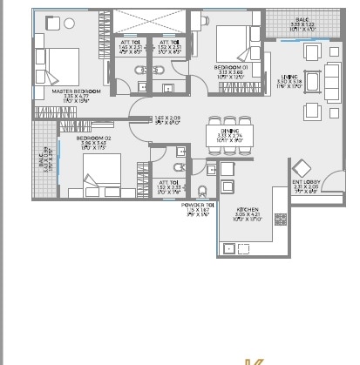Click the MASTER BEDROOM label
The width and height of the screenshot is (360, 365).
76,91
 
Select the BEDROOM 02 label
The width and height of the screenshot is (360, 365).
91,138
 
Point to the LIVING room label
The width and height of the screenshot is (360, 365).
289,77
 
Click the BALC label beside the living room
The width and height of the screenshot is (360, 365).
302,18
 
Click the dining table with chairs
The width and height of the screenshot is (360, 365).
227,135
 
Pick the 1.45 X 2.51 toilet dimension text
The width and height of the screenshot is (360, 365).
130,47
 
